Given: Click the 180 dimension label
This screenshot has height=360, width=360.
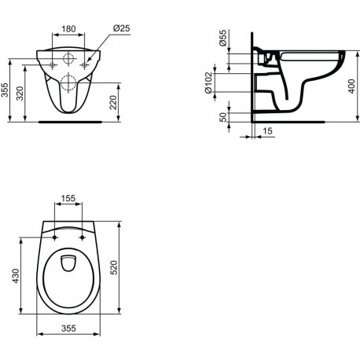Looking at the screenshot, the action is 68,28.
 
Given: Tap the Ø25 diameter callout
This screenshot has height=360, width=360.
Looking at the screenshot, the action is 122,28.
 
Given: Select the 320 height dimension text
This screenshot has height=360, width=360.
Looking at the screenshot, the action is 20,94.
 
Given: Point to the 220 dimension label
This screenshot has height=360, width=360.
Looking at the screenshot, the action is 113,102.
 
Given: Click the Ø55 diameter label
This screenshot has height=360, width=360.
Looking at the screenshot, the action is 222,38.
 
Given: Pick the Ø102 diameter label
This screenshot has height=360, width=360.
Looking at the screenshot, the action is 208,83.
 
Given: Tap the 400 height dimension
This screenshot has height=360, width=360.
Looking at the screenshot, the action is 352,86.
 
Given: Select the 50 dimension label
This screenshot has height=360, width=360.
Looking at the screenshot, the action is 222,117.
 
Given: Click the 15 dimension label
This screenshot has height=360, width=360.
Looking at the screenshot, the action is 267,130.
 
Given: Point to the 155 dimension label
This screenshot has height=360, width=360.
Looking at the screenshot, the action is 68,198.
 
